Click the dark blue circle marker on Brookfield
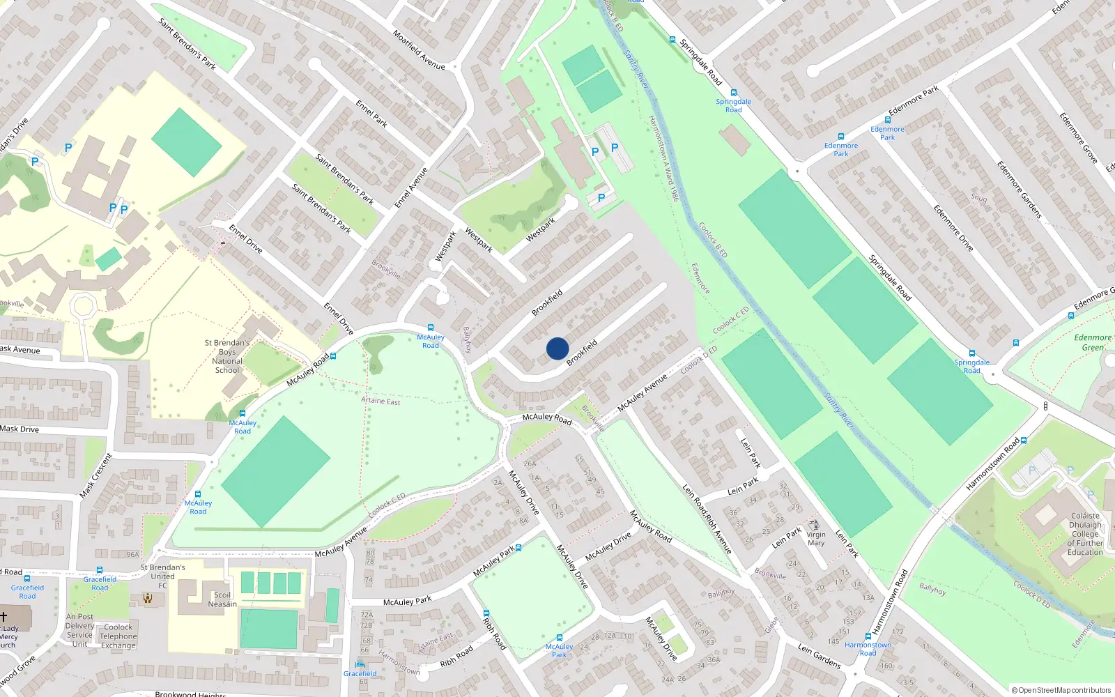[x=557, y=348]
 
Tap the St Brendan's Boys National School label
[x=227, y=356]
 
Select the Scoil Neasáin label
[x=222, y=599]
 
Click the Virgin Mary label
[x=816, y=539]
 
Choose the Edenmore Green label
[x=1092, y=342]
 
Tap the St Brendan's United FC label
[x=162, y=576]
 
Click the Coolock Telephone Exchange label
[x=118, y=636]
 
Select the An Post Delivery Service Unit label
[x=79, y=630]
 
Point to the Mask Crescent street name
[x=95, y=475]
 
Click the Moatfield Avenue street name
[x=418, y=49]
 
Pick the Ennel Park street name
[x=371, y=114]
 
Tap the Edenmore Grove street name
[x=1078, y=138]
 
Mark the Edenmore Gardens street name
[x=1018, y=190]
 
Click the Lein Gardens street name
[x=819, y=657]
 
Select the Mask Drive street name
[x=20, y=429]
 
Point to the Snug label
[x=978, y=198]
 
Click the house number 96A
[x=132, y=555]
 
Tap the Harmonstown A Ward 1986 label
[x=663, y=158]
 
